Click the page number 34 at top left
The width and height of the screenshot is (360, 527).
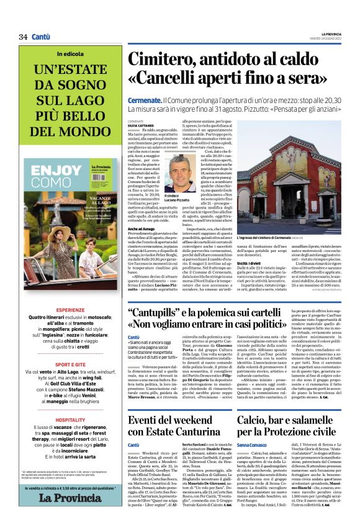coord(23,37)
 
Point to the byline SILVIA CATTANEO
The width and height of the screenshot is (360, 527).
coord(141,125)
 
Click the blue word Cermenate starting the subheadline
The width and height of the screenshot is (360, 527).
coord(145,100)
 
